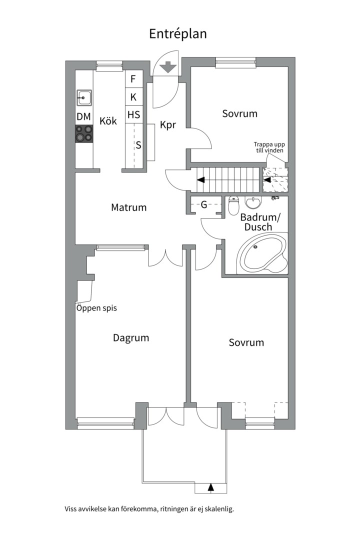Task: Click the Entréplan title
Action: point(178,34)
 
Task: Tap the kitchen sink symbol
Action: point(84,98)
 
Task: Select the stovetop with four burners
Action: point(84,133)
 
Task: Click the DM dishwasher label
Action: point(83,116)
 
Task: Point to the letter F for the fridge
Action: point(133,79)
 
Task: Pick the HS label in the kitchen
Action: point(133,114)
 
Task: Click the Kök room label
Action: point(108,121)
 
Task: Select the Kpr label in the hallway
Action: point(168,125)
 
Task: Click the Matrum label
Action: point(129,207)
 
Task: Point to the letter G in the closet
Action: point(204,205)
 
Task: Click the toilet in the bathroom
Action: point(234,205)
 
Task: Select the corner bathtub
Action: point(262,253)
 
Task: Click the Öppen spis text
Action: point(96,308)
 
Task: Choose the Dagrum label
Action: point(131,338)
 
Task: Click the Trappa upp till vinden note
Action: point(269,147)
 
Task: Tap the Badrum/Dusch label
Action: point(260,222)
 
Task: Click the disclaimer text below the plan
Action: point(149,508)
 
